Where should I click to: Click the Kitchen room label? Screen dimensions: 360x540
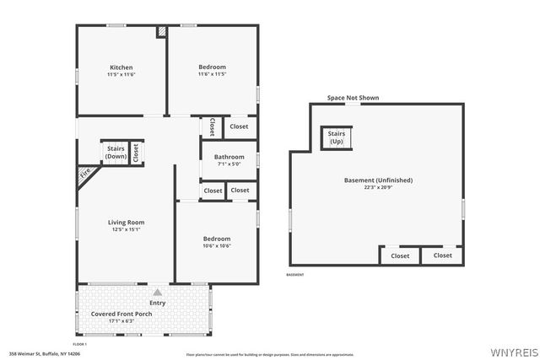click(x=121, y=67)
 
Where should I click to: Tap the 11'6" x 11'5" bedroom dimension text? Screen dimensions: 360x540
click(x=212, y=74)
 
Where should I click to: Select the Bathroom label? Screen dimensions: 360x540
click(x=229, y=157)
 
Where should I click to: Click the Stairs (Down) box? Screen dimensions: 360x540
click(x=116, y=153)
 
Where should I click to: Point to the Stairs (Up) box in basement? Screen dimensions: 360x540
click(x=337, y=137)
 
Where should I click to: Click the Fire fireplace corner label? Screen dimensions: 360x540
click(x=85, y=175)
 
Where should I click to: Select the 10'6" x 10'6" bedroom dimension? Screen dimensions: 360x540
click(x=216, y=246)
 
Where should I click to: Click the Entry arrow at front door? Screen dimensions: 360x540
click(x=157, y=293)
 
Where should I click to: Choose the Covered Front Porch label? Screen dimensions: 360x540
click(x=123, y=314)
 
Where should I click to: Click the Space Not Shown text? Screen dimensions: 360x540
click(x=353, y=98)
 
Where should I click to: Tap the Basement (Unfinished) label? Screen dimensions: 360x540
click(x=378, y=180)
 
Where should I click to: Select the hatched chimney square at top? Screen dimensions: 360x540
click(x=161, y=31)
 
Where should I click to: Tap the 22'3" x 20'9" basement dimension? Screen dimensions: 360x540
click(x=378, y=187)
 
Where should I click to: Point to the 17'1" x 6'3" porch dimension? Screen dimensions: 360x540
click(x=123, y=321)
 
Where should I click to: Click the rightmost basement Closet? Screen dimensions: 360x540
click(x=442, y=255)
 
